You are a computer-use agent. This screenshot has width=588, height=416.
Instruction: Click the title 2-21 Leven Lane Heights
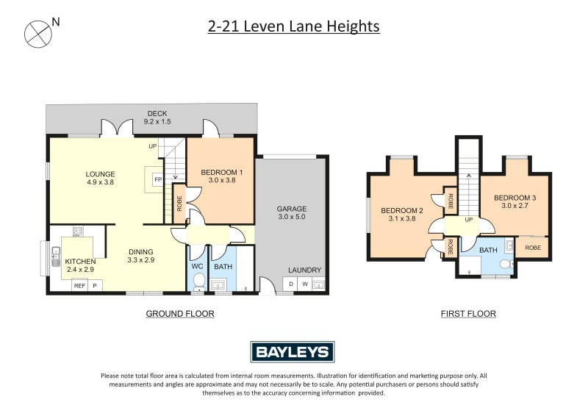point(294,26)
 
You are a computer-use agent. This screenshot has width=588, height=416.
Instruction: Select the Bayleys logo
point(293,352)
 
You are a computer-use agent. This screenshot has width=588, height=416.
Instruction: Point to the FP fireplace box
point(157,179)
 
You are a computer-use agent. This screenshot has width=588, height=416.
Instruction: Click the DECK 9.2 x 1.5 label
point(157,117)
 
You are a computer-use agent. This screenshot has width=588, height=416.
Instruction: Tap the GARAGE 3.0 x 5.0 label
point(291,212)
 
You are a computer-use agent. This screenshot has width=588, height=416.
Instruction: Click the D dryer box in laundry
point(290,284)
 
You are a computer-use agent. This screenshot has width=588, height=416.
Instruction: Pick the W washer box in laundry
point(304,284)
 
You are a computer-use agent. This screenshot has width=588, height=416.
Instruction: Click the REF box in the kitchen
point(79,285)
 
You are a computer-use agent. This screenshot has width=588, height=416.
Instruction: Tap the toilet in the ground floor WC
point(198,280)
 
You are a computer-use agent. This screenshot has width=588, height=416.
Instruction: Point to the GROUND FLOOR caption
point(180,314)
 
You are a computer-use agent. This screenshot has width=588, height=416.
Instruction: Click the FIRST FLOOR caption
point(468,314)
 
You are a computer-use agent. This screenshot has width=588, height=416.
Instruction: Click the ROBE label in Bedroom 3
point(533,248)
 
